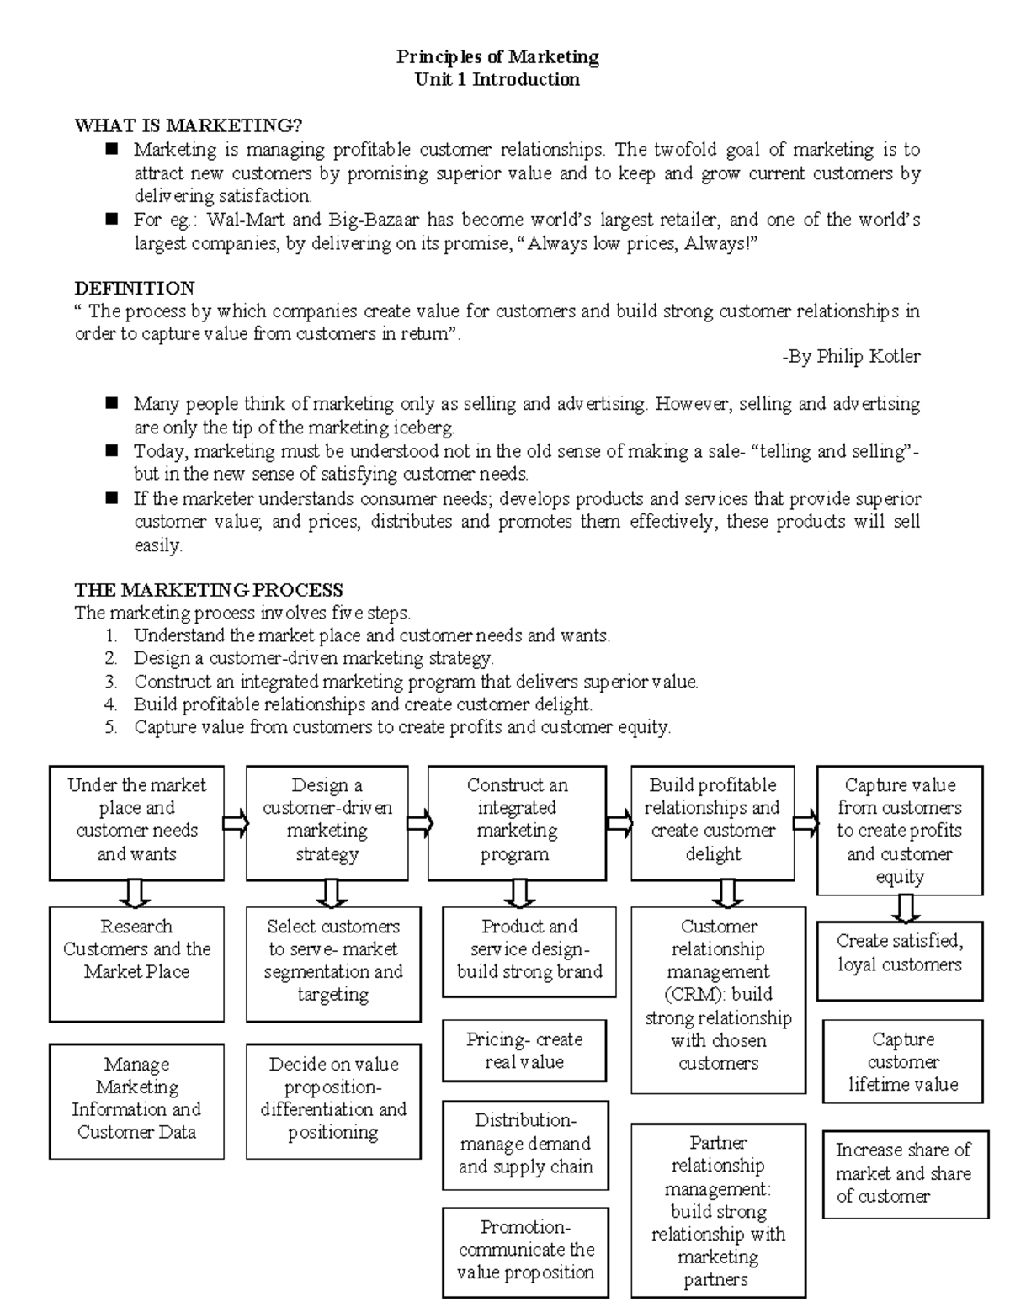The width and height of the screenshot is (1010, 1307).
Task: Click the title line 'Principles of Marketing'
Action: coord(497,57)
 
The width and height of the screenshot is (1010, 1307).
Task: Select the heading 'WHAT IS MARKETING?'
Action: coord(188,126)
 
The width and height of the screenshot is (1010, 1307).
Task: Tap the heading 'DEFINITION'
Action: coord(135,288)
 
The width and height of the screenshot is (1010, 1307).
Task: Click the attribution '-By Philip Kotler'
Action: coord(851,357)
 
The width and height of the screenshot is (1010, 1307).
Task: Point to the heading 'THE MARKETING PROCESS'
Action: coord(209,590)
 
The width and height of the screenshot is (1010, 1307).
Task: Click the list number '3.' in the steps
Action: coord(111,682)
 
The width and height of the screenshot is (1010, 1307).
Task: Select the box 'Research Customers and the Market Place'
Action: coord(136,963)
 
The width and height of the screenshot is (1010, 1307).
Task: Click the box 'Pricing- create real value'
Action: coord(524,1050)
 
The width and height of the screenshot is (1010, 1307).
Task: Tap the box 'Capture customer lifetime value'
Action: coord(902,1061)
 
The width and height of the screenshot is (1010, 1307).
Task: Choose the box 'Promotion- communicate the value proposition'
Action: coord(525,1251)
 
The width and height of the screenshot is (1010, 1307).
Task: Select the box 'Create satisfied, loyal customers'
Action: coord(899,960)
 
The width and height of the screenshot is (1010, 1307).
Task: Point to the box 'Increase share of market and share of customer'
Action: coord(904,1173)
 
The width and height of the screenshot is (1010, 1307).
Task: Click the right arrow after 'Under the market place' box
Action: coord(236,822)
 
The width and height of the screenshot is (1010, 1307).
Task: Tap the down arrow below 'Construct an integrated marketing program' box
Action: coord(519,893)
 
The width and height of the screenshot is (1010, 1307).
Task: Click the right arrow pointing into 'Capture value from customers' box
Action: coord(805,822)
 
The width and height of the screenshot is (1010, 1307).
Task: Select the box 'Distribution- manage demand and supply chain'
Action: coord(525,1144)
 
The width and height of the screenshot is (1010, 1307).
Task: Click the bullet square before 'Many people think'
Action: coord(112,403)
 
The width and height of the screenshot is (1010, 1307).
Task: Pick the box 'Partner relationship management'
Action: coord(718,1210)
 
